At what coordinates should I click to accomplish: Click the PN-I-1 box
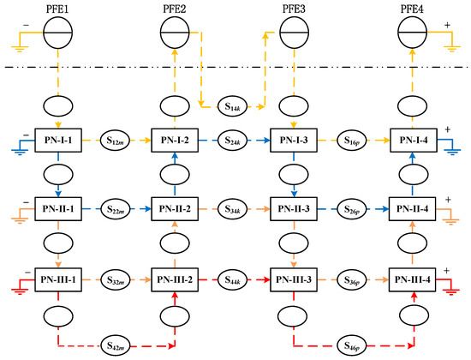58,141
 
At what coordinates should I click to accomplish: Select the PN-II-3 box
294,209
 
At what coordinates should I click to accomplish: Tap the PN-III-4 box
412,279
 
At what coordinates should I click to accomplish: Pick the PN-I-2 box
175,141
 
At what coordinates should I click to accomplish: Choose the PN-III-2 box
175,279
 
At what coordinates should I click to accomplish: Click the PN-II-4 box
412,209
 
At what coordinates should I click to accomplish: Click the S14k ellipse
232,106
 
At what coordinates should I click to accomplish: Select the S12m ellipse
115,141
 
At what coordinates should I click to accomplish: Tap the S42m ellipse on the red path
115,346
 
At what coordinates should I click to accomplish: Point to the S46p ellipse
351,346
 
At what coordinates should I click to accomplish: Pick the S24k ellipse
232,141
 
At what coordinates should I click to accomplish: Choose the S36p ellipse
351,279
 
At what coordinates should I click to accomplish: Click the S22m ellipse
115,209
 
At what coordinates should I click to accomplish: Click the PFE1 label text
57,9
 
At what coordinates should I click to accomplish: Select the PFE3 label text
294,9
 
